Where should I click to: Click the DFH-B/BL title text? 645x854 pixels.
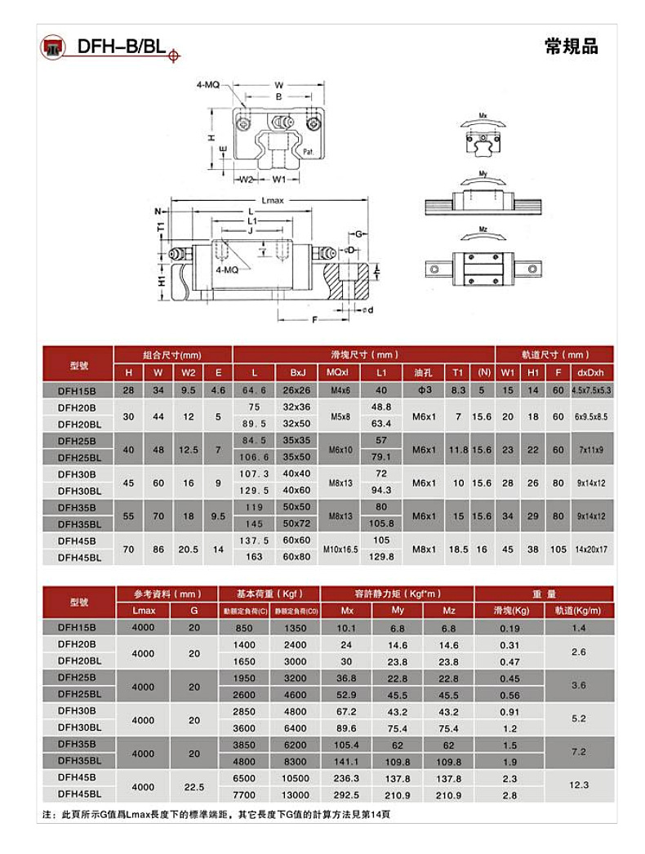(122, 47)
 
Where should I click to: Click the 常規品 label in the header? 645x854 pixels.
(571, 47)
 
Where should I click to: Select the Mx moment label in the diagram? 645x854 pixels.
(483, 115)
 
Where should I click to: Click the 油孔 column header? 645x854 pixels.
(423, 372)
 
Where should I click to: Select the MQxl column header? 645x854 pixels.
(338, 372)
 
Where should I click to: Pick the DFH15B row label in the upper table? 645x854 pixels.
(77, 390)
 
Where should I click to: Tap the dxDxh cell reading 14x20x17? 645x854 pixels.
(590, 549)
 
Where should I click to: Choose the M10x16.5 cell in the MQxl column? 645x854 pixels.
(338, 549)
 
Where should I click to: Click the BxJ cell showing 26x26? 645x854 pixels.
(296, 390)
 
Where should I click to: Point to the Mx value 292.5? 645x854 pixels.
(346, 794)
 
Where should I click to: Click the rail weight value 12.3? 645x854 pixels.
(579, 785)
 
